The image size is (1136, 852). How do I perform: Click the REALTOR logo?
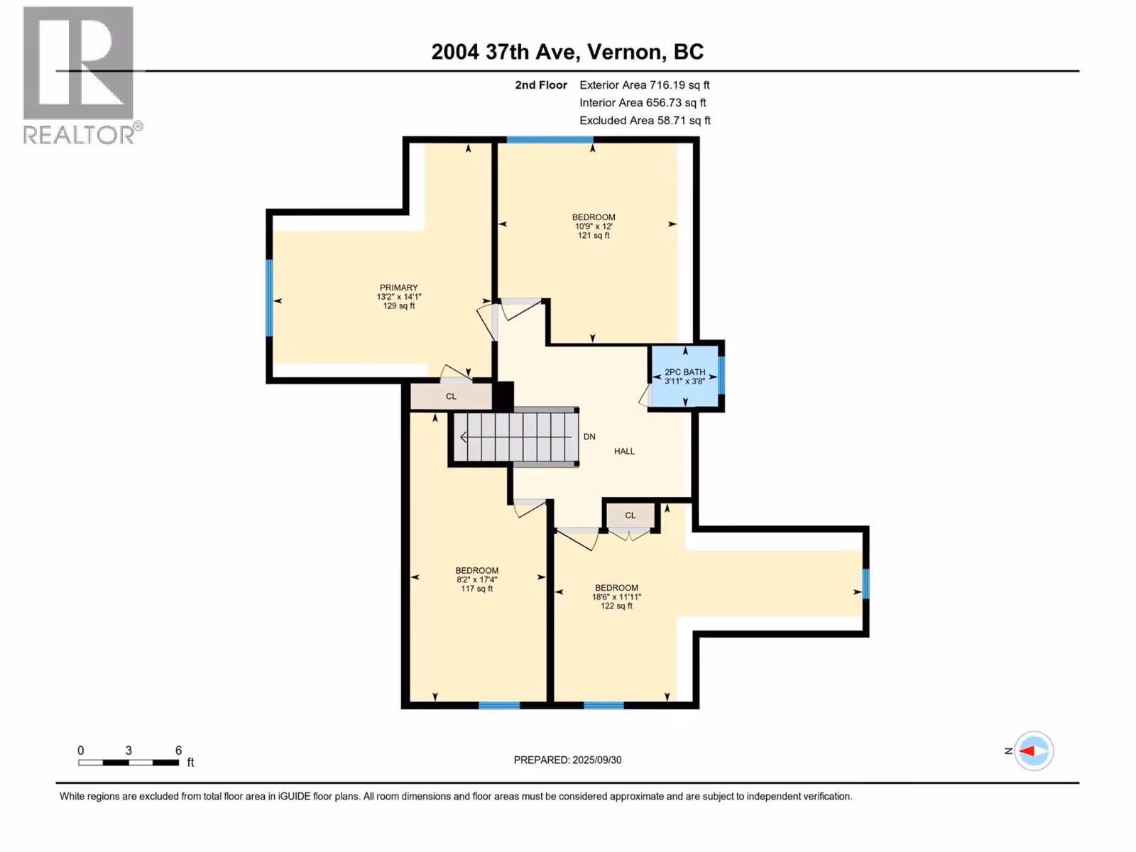click(x=82, y=75)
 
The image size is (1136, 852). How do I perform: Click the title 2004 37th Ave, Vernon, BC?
click(x=567, y=52)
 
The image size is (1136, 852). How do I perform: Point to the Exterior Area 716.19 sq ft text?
click(x=645, y=84)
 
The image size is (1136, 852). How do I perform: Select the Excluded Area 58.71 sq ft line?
click(x=645, y=121)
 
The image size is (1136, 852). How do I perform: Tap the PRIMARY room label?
click(x=398, y=288)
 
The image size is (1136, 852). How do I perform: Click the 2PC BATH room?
click(x=684, y=376)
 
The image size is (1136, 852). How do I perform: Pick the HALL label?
click(x=624, y=452)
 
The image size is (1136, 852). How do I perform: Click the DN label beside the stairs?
click(x=589, y=437)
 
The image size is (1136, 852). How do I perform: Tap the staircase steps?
click(x=516, y=437)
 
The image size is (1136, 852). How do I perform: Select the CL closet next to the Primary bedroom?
click(x=451, y=397)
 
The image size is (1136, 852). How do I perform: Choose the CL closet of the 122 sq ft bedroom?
click(x=630, y=515)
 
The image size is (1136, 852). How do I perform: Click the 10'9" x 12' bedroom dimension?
click(x=594, y=226)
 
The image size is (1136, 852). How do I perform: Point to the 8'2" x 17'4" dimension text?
click(x=476, y=580)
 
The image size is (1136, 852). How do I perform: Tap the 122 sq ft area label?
click(x=616, y=606)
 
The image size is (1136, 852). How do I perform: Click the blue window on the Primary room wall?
click(x=269, y=298)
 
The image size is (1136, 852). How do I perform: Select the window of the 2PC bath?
click(x=721, y=376)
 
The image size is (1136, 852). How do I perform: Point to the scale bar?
click(x=129, y=763)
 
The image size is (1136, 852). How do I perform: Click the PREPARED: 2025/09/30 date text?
click(x=568, y=760)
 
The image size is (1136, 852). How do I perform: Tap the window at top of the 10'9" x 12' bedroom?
click(x=550, y=140)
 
